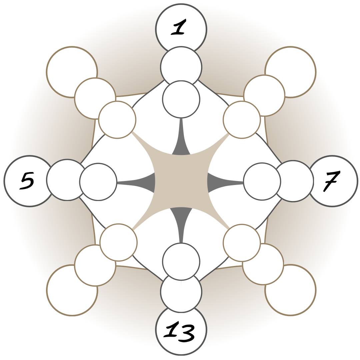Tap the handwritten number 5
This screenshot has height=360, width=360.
pos(27,181)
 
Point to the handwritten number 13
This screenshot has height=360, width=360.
pos(180,332)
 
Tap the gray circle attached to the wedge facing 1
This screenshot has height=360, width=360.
pos(181,99)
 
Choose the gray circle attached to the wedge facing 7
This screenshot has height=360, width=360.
pos(262,182)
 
